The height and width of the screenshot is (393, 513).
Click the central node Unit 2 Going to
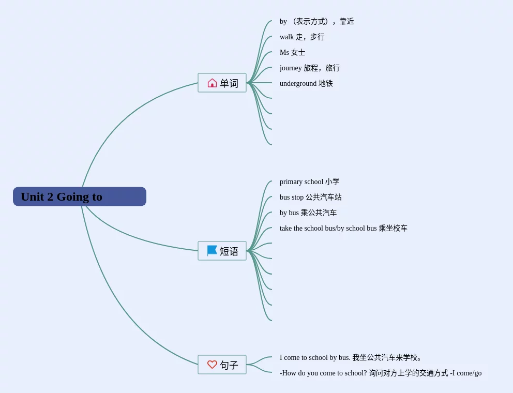[x=80, y=196]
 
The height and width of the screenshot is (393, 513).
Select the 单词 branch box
[x=222, y=83]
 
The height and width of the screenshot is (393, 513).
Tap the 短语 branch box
[x=222, y=251]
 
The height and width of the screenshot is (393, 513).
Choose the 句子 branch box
[x=222, y=365]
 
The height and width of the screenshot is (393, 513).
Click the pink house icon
[x=212, y=83]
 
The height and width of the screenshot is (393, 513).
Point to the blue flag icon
[x=212, y=251]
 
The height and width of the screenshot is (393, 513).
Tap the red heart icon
[x=212, y=365]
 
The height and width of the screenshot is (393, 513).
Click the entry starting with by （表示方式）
[x=316, y=21]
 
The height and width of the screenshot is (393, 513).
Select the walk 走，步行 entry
[x=302, y=37]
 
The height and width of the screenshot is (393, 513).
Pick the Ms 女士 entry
[x=292, y=52]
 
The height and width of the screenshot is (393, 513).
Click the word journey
[x=291, y=68]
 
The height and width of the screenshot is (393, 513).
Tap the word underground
[x=298, y=83]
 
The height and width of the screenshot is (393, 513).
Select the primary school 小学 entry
[x=309, y=182]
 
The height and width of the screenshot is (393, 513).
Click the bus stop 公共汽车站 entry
[x=310, y=197]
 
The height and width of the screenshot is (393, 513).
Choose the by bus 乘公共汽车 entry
[x=308, y=213]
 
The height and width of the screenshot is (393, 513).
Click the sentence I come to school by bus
[x=315, y=357]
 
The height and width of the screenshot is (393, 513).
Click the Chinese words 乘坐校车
[x=393, y=228]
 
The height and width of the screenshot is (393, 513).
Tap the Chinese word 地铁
[x=326, y=83]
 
